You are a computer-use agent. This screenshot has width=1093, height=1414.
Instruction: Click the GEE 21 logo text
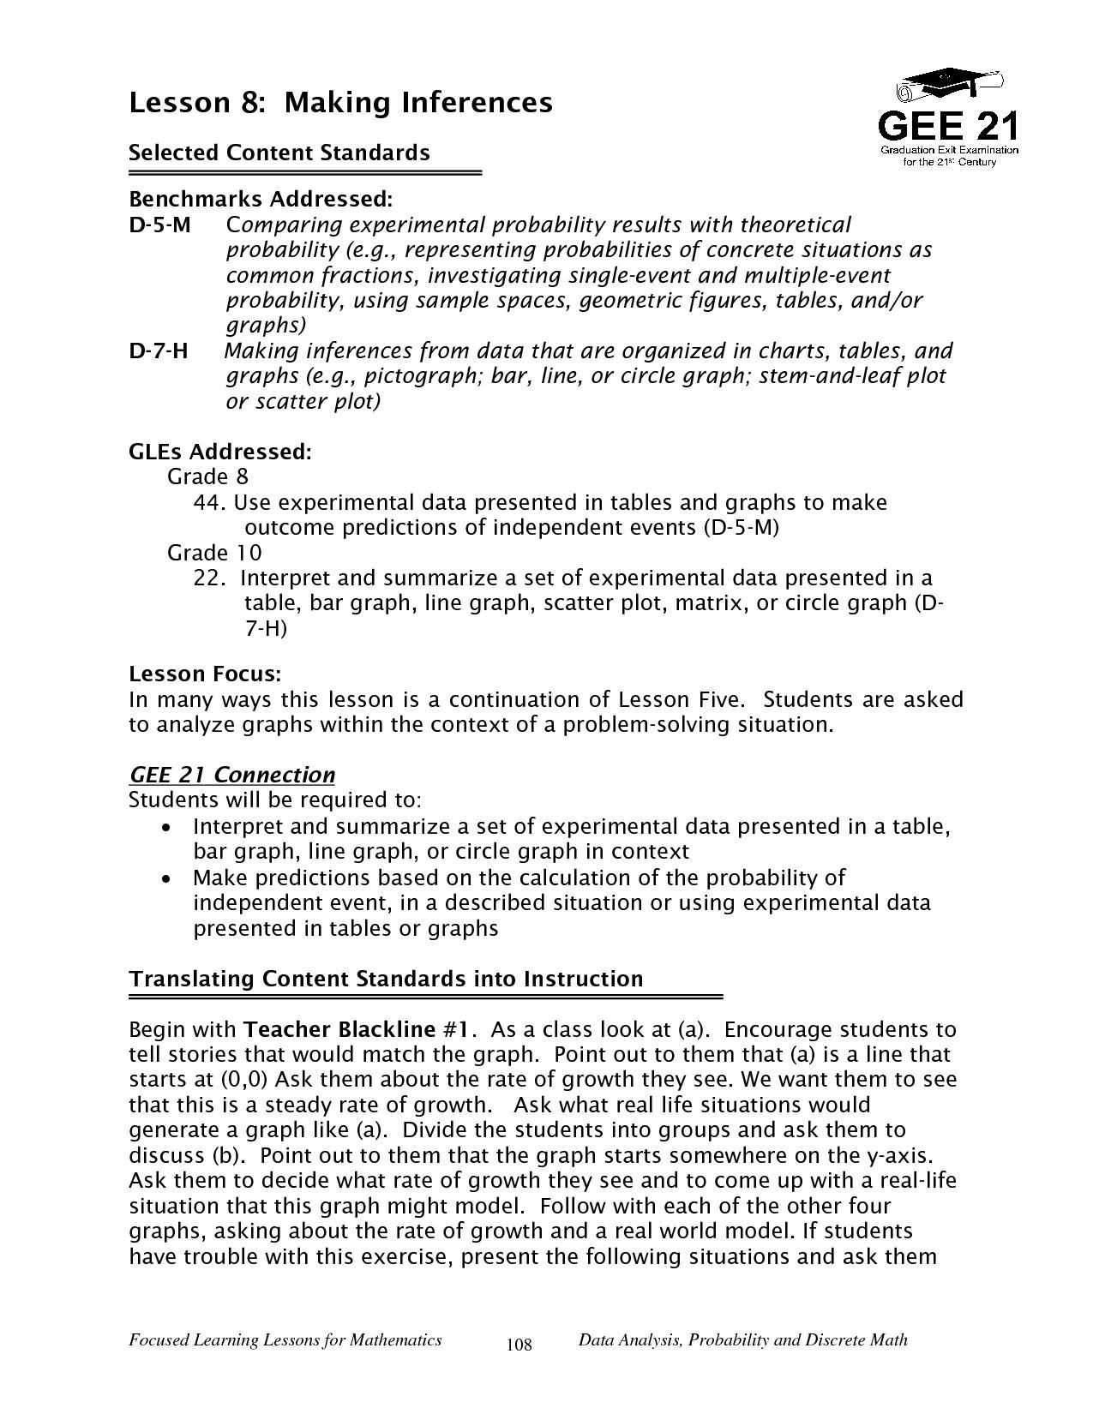coord(948,127)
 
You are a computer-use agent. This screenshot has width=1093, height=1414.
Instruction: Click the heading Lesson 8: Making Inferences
coord(340,103)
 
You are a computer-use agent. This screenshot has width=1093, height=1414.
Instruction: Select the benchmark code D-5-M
coord(159,225)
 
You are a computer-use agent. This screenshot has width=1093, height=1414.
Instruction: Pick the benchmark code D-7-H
coord(159,351)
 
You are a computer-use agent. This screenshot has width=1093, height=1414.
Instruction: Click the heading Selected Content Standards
coord(279,153)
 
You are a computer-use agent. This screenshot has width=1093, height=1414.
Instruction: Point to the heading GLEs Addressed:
coord(219,451)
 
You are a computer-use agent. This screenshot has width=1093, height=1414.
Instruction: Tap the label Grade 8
coord(207,476)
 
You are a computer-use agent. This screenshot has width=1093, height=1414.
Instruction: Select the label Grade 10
coord(214,553)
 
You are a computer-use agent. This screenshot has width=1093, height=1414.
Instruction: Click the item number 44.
coord(209,502)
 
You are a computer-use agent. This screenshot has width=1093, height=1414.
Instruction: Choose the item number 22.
coord(209,578)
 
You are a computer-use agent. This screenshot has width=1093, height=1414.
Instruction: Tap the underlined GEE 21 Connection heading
coord(231,775)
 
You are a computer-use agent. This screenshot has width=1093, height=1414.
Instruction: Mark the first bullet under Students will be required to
coord(168,828)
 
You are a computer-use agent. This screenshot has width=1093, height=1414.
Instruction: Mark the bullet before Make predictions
coord(168,879)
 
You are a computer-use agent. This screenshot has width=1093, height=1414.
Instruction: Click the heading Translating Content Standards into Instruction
coord(385,979)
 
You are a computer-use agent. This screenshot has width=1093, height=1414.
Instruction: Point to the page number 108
coord(519,1345)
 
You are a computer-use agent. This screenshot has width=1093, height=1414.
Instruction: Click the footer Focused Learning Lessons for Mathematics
coord(285,1339)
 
